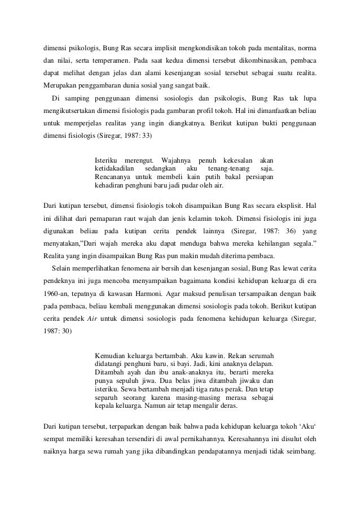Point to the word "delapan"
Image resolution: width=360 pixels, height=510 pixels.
[x=260, y=364]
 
